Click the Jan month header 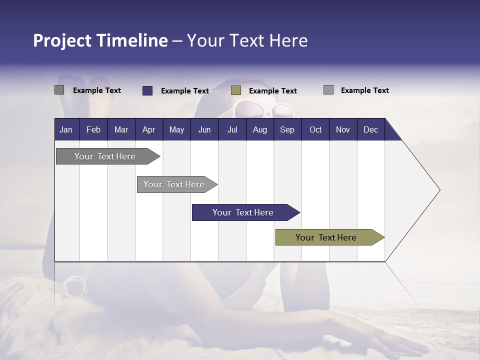66,129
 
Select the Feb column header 93,129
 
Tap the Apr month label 148,129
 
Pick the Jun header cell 204,129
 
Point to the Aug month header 259,129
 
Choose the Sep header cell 287,129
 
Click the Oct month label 315,129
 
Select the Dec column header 370,129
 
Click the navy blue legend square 147,90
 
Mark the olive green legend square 236,90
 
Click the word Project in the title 62,40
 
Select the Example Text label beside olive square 272,91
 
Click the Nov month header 343,129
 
